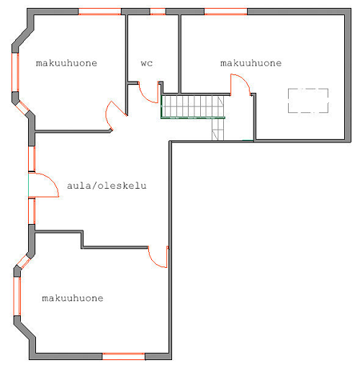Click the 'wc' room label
147,63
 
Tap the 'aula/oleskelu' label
107,186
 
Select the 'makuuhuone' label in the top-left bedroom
66,63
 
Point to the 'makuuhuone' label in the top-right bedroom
251,63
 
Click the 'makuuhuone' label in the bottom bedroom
73,298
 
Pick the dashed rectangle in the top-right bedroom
308,89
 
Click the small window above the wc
158,12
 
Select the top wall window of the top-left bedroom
99,12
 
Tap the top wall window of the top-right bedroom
225,12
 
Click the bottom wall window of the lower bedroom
124,356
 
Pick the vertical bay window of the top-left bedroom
15,72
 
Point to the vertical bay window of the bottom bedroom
17,296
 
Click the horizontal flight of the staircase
193,106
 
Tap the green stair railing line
193,117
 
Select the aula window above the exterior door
32,158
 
